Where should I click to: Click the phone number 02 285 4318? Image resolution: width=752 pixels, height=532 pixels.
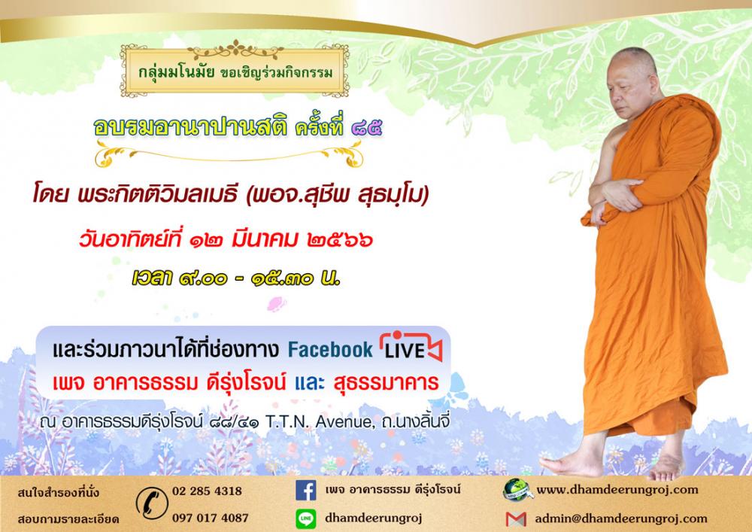pos(207,491)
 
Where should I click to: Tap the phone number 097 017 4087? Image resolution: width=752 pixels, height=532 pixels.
pos(210,518)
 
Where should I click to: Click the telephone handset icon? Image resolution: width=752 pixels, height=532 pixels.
pos(152,503)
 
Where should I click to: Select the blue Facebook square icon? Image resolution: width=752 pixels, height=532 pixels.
pos(305,491)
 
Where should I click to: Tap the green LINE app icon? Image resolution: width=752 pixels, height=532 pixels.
pos(305,519)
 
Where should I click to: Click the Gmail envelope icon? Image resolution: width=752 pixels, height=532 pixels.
pos(516,519)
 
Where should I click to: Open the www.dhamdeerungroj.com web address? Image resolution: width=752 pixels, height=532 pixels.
pos(617,490)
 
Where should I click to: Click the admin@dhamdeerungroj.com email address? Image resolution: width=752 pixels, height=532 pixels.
pos(621,518)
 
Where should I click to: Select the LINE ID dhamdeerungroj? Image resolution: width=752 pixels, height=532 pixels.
pos(373,518)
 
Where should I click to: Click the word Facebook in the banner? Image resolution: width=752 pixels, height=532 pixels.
pos(330,350)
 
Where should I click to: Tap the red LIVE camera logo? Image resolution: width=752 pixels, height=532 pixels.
pos(411,346)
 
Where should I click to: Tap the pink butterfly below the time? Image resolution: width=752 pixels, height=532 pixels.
pos(277,304)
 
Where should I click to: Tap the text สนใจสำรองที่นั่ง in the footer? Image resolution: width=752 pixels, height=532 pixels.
pos(59,492)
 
